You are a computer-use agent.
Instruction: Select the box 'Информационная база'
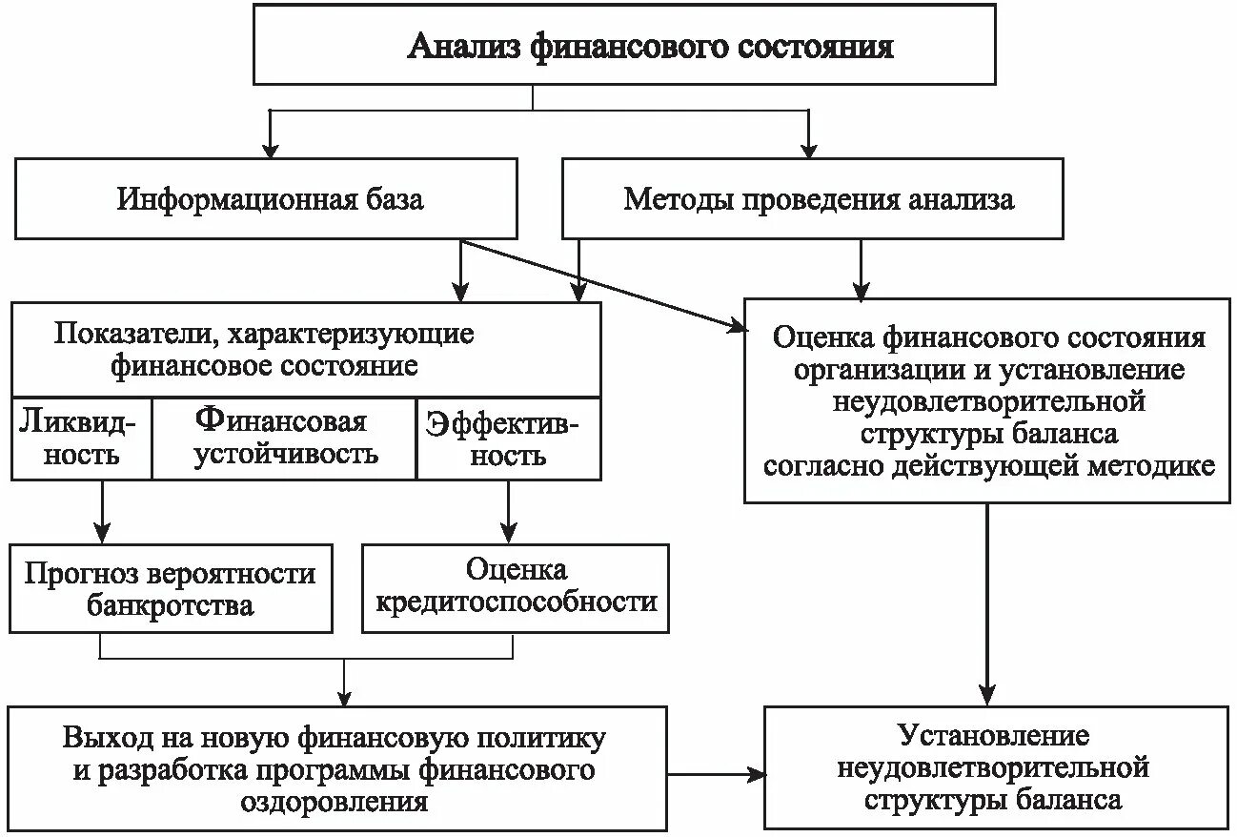pos(266,199)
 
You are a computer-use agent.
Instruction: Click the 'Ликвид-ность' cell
pos(81,438)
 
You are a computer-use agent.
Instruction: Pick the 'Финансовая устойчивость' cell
pos(284,438)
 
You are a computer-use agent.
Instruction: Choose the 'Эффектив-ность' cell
pos(509,438)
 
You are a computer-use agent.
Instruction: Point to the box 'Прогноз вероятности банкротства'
pos(171,589)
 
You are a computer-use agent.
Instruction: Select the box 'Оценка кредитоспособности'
pos(517,586)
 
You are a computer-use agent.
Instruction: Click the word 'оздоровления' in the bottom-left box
pos(334,801)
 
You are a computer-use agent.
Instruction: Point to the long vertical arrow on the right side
pos(988,601)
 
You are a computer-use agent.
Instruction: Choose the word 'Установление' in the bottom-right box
pos(993,736)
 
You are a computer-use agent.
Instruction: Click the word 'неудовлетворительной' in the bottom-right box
pos(993,767)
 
